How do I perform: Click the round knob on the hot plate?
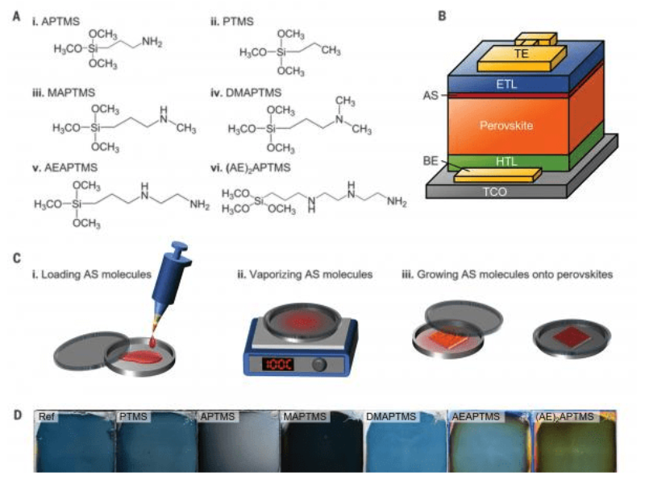[x=321, y=364]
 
